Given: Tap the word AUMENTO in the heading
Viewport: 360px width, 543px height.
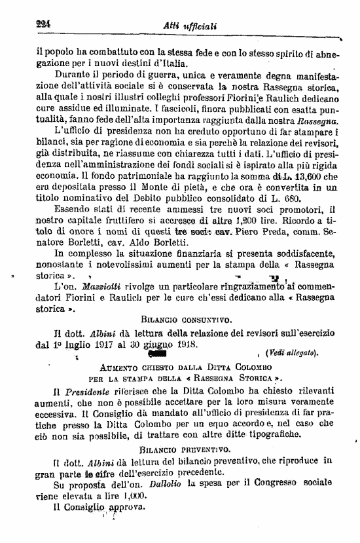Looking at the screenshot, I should [118, 367].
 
